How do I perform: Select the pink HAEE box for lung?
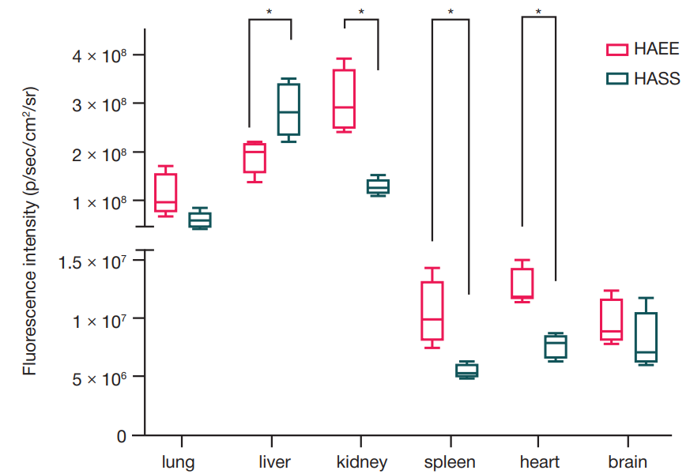tap(165, 194)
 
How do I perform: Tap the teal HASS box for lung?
tap(199, 220)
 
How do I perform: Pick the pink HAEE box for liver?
tap(255, 157)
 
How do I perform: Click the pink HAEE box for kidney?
tap(344, 99)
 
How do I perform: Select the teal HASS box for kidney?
tap(378, 186)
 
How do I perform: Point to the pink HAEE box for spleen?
tap(432, 310)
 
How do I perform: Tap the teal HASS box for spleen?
tap(466, 371)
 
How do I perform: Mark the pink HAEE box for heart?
tap(522, 284)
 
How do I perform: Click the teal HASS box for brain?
tap(646, 337)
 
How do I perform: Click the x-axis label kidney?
tap(361, 462)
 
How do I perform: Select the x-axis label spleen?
tap(450, 462)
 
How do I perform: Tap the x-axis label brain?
tap(628, 462)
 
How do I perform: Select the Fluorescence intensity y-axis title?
tap(30, 229)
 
